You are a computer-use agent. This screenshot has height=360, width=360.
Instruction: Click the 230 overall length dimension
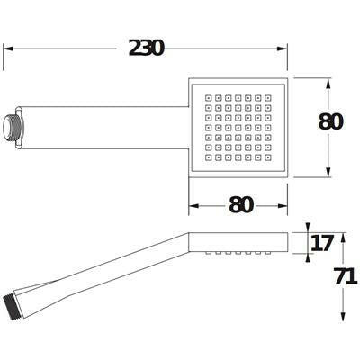pyautogui.click(x=147, y=48)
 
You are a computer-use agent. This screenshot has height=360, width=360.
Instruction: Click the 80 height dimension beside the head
pyautogui.click(x=330, y=121)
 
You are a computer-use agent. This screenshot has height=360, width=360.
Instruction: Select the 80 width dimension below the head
pyautogui.click(x=241, y=205)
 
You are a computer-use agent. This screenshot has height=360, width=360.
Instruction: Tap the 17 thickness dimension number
pyautogui.click(x=322, y=243)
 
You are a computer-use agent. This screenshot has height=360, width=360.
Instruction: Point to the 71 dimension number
pyautogui.click(x=346, y=276)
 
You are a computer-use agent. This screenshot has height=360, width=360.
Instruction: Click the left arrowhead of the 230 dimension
pyautogui.click(x=8, y=49)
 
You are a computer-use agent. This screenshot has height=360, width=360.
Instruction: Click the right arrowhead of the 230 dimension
pyautogui.click(x=283, y=49)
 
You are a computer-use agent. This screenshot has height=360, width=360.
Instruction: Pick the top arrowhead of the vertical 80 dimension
pyautogui.click(x=328, y=84)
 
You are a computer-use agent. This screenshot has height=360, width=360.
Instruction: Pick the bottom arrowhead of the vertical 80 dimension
pyautogui.click(x=328, y=172)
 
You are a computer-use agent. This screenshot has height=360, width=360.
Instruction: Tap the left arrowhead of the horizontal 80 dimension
pyautogui.click(x=193, y=206)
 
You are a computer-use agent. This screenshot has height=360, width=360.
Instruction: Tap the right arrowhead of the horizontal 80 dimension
pyautogui.click(x=283, y=206)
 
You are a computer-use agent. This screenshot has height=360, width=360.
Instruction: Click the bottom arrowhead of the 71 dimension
pyautogui.click(x=344, y=316)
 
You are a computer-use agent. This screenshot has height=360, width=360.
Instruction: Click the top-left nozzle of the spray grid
pyautogui.click(x=209, y=98)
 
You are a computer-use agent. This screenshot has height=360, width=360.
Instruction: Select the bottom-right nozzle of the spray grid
pyautogui.click(x=268, y=157)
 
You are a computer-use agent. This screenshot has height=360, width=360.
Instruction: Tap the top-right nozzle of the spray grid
pyautogui.click(x=268, y=98)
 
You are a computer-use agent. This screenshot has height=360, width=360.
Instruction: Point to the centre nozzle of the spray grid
pyautogui.click(x=238, y=128)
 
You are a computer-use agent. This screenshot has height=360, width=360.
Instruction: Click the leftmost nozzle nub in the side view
pyautogui.click(x=209, y=254)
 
